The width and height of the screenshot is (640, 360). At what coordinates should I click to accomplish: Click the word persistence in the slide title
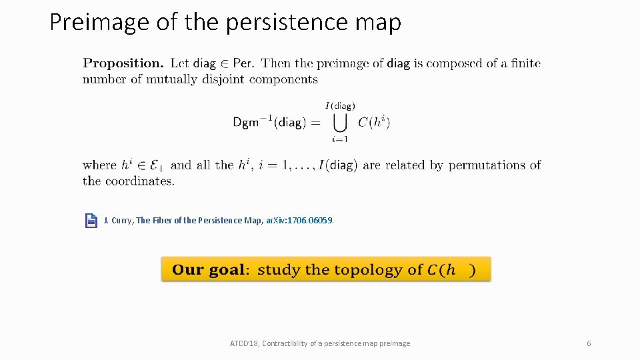(x=287, y=23)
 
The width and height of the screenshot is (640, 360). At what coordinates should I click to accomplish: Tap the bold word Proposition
(x=123, y=64)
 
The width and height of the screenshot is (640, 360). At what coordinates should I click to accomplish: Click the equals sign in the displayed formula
(x=315, y=123)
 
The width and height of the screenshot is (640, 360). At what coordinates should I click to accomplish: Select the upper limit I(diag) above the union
(x=340, y=105)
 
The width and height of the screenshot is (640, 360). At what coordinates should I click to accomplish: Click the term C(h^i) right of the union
(x=373, y=122)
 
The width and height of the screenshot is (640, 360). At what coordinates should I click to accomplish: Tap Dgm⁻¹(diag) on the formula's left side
(x=270, y=123)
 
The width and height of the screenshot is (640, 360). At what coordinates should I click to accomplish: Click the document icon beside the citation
(x=91, y=221)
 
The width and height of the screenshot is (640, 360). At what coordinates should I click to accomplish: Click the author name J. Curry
(x=118, y=221)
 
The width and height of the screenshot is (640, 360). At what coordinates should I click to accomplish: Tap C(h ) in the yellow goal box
(x=451, y=270)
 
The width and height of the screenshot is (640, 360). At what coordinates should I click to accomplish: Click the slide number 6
(x=589, y=343)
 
